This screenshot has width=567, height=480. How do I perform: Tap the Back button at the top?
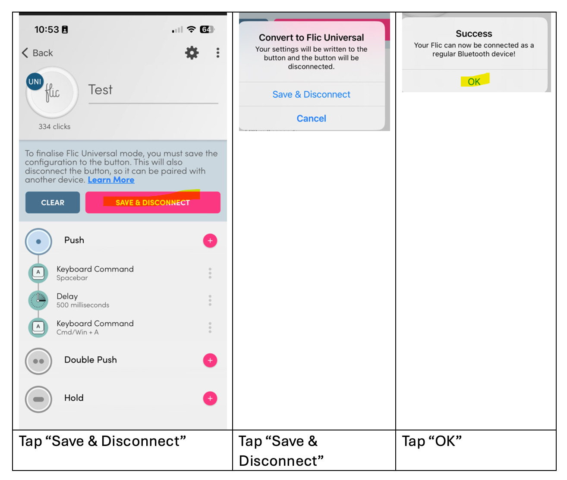[x=37, y=53]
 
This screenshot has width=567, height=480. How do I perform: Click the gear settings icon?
[x=192, y=53]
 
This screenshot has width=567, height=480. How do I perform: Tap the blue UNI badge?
[x=35, y=81]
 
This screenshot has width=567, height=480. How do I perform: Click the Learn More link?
[x=111, y=180]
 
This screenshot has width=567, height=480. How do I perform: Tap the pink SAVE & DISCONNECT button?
[x=153, y=202]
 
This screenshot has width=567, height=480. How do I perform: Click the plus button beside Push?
[x=210, y=240]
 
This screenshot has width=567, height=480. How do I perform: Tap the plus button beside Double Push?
[x=210, y=360]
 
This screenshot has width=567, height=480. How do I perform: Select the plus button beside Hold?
[x=210, y=398]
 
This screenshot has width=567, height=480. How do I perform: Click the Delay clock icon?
[x=38, y=300]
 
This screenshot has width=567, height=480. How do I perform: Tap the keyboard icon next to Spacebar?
[x=38, y=273]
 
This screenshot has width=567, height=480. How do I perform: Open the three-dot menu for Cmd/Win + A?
[x=210, y=327]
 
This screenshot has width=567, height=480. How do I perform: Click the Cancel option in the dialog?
[x=312, y=118]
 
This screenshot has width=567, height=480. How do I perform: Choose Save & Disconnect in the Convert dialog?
[x=312, y=94]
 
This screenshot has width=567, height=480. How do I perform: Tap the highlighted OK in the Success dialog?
[x=474, y=81]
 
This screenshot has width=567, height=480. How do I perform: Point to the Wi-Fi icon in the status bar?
[x=191, y=29]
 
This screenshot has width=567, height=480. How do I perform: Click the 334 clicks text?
[x=54, y=127]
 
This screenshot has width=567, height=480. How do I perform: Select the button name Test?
[x=101, y=90]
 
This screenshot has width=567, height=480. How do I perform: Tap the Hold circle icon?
[x=38, y=399]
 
